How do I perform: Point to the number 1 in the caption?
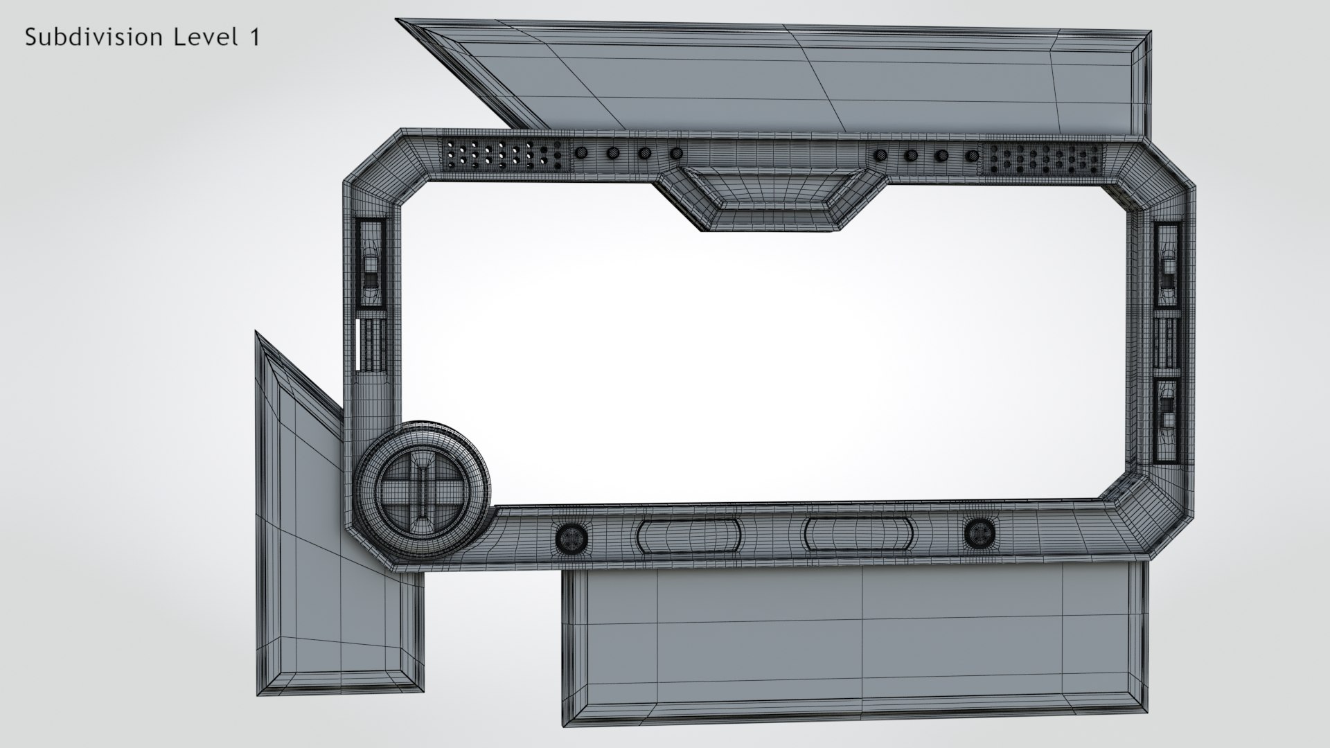coord(253,37)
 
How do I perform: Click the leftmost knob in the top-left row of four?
coord(582,152)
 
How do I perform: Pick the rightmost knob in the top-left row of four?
coord(677,153)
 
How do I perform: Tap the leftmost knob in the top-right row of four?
coord(881,154)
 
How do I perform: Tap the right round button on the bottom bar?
coord(979,531)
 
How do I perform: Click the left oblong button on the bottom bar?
coord(689,535)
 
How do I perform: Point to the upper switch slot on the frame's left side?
coord(371,264)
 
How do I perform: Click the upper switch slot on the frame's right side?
coord(1167,265)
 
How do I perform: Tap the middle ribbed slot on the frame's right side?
coord(1167,344)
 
